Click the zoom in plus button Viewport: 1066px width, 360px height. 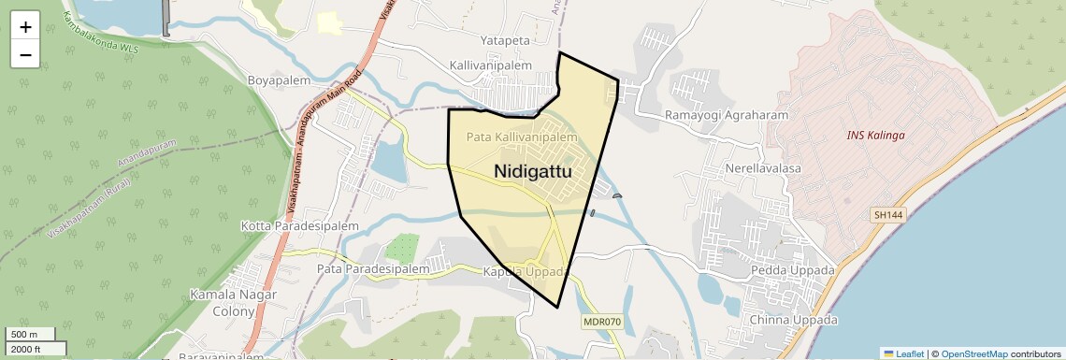(25, 27)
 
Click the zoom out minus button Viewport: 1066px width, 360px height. (25, 54)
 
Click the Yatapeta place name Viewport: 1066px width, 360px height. (505, 41)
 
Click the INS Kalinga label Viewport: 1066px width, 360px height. (875, 136)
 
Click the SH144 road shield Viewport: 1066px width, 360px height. (888, 215)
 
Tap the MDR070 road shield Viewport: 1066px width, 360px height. (601, 322)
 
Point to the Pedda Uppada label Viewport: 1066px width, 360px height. (792, 271)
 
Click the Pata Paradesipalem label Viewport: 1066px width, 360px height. (373, 269)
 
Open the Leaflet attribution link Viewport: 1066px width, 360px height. (903, 354)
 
